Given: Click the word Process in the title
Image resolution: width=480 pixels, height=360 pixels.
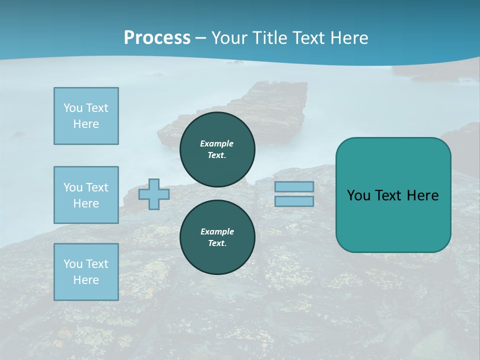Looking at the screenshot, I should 157,38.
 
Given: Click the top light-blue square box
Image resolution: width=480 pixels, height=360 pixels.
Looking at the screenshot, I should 86,116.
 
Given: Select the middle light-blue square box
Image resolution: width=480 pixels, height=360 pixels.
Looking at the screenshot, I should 86,195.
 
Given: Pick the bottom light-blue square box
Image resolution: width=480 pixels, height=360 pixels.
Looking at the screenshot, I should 86,272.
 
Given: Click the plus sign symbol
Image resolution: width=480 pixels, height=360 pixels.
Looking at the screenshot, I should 154,194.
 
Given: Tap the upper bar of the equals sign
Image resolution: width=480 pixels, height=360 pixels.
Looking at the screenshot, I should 294,186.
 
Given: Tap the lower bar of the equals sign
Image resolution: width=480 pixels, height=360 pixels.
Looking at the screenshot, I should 294,201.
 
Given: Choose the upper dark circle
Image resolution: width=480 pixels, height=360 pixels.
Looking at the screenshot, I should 217,149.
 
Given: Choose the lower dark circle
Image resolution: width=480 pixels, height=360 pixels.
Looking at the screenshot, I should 217,237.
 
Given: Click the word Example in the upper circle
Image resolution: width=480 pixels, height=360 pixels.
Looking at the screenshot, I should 217,143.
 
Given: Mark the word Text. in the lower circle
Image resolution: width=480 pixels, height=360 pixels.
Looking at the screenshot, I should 217,243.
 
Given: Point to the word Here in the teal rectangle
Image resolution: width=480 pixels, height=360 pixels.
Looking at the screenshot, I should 422,195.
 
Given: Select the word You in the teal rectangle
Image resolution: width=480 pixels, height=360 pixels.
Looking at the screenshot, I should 358,195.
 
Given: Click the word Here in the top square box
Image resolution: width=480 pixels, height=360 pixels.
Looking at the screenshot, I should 86,124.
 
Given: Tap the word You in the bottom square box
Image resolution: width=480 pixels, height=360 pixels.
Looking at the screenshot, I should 72,264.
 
